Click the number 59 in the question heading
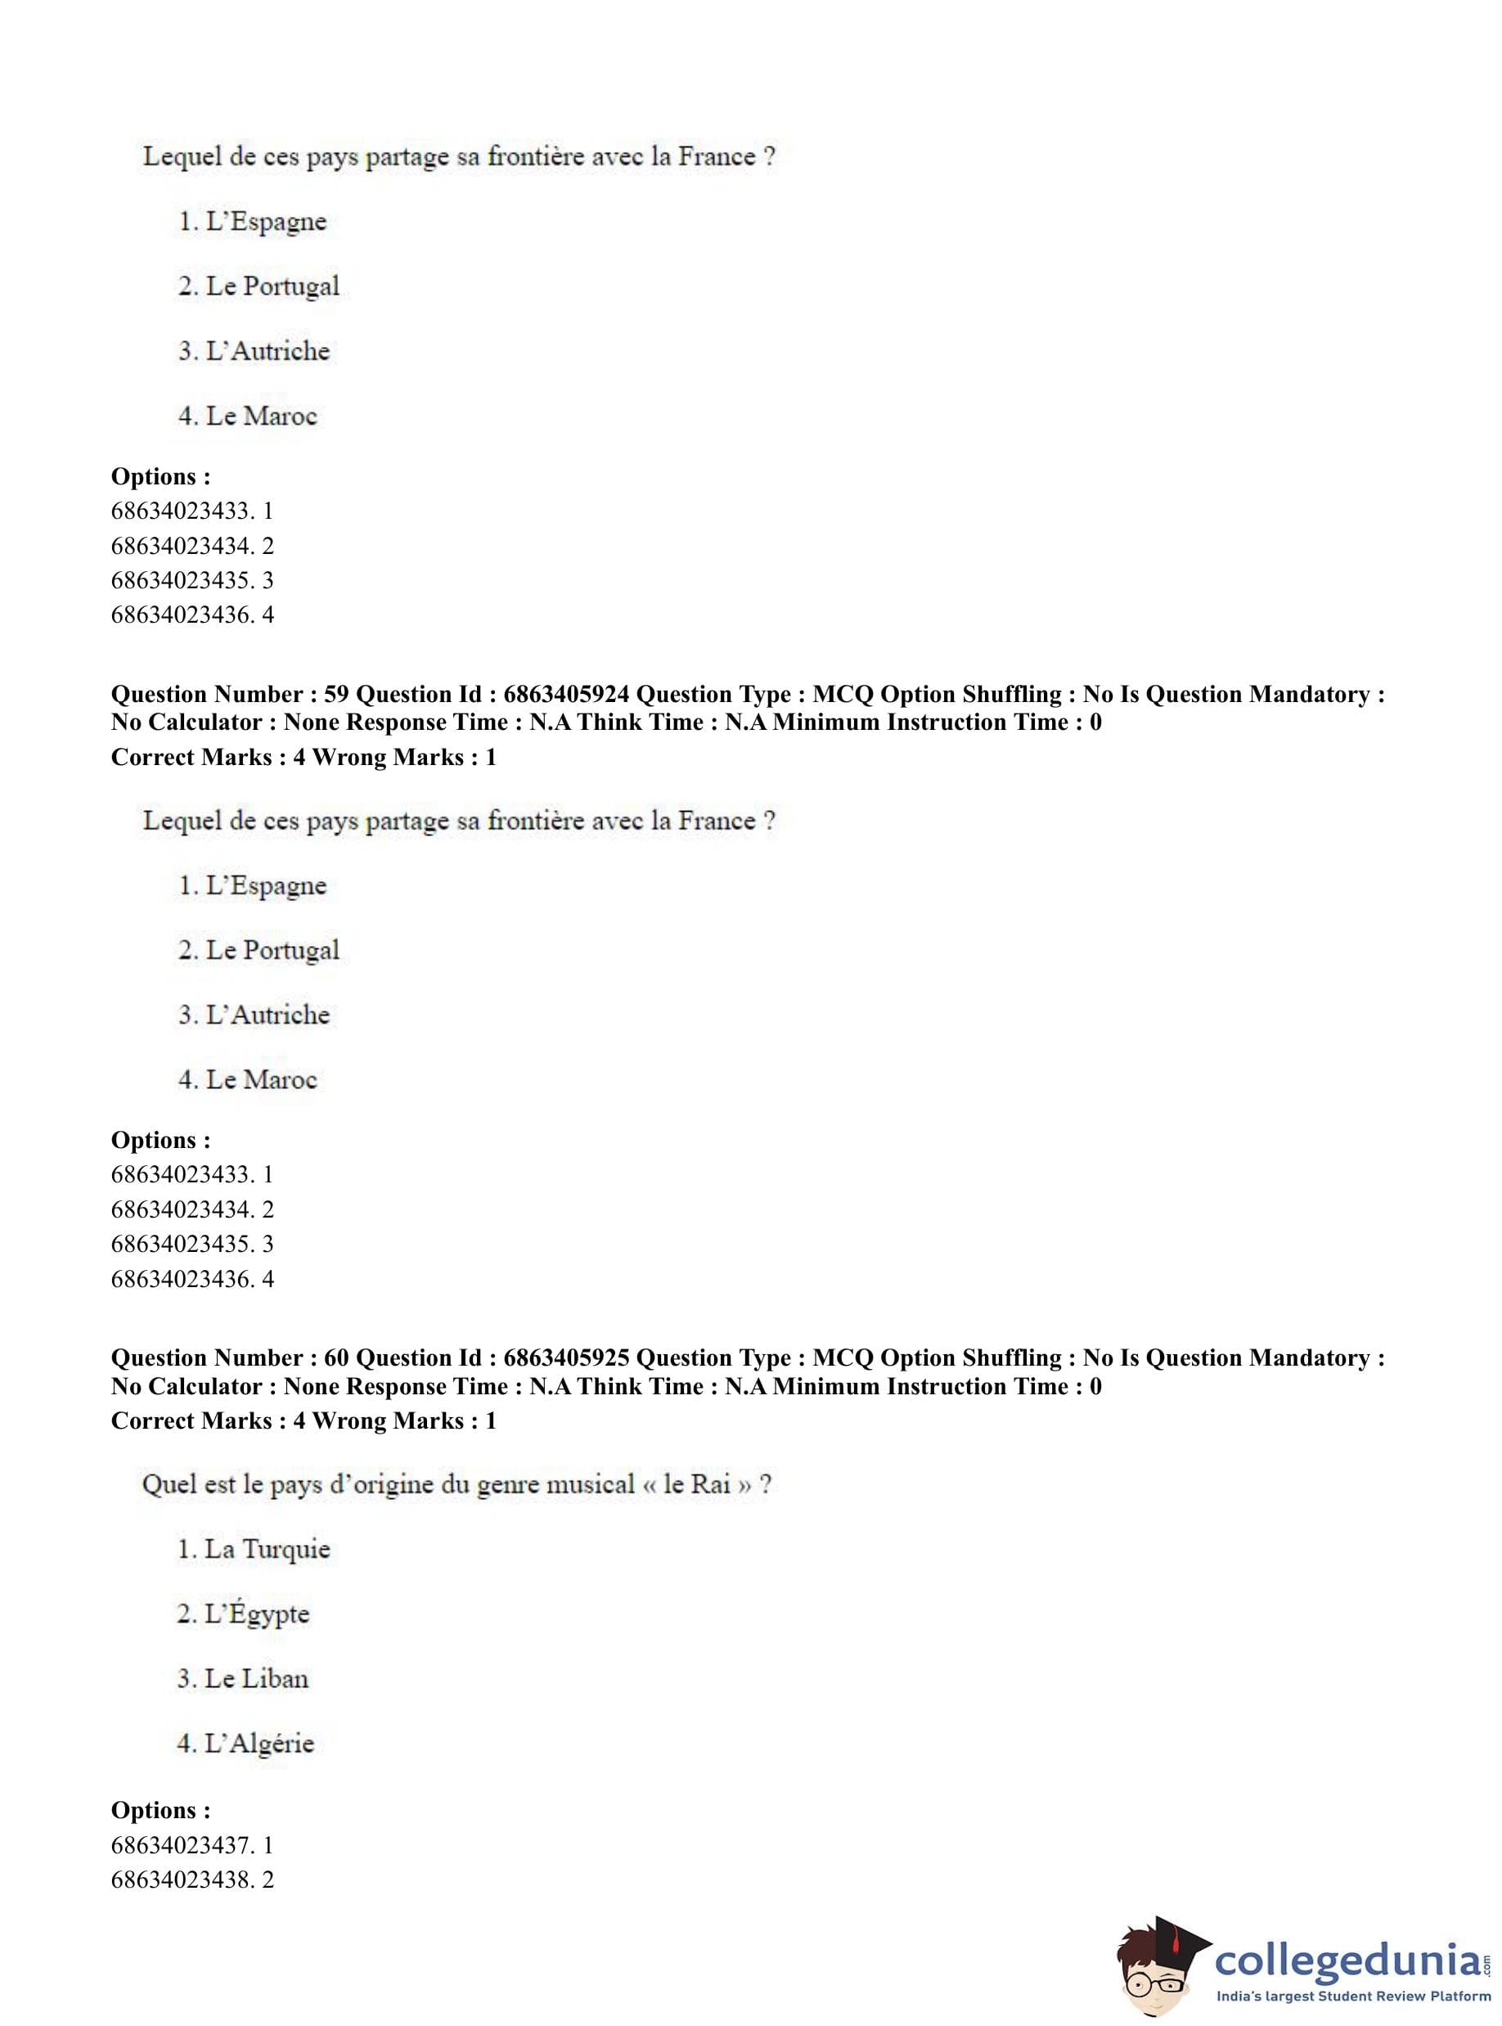click(336, 695)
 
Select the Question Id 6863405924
click(565, 695)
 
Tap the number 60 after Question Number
click(336, 1357)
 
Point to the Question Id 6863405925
click(565, 1357)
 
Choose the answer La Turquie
click(268, 1550)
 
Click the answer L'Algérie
click(259, 1743)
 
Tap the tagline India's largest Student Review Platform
click(1354, 1997)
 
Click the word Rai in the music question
click(711, 1485)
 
